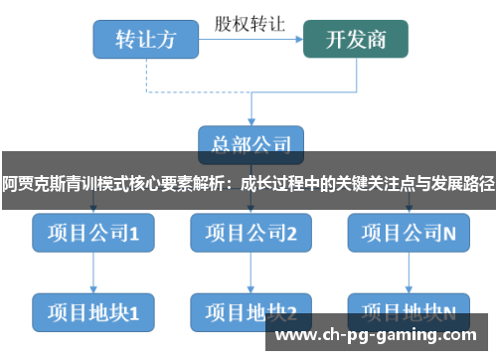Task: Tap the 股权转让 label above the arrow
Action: tap(249, 21)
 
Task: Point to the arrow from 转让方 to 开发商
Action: tap(249, 39)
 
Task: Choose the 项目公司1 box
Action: tap(92, 233)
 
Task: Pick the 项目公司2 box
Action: tap(250, 233)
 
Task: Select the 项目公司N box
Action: tap(409, 233)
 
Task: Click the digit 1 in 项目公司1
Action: tap(133, 234)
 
